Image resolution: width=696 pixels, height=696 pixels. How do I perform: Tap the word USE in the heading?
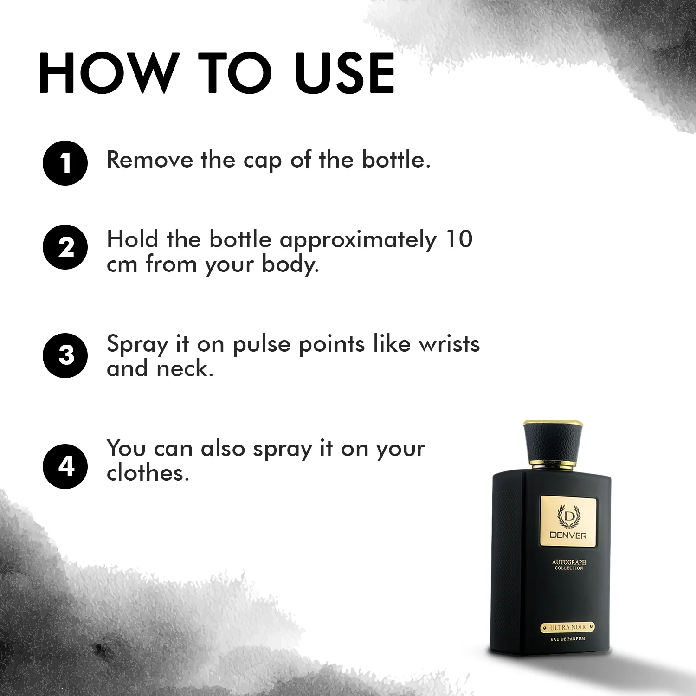point(345,73)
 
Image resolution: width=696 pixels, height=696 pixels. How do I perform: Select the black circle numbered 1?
point(65,163)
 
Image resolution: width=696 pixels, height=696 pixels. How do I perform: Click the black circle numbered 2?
point(65,247)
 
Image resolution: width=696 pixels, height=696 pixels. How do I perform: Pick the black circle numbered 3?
point(65,355)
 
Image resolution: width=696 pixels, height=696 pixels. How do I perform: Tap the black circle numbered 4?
point(65,466)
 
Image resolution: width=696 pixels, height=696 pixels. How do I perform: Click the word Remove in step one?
point(150,160)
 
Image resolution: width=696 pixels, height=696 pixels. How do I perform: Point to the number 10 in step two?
point(459,239)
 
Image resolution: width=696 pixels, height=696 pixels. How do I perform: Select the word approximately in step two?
point(358,241)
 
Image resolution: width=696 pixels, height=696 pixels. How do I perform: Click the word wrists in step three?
point(449,344)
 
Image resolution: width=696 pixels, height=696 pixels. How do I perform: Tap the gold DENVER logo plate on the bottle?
point(568,521)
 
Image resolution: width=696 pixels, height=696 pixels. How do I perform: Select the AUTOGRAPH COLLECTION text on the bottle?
point(569,564)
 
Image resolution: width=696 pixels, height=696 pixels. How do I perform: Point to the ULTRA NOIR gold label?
point(568,627)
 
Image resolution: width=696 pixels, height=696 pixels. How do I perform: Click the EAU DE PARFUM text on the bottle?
point(568,639)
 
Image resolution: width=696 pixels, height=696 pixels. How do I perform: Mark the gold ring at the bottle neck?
point(553,465)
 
